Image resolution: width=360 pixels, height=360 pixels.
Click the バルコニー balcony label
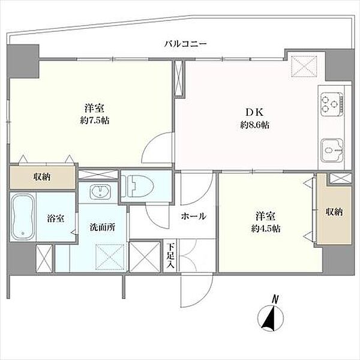coord(185,43)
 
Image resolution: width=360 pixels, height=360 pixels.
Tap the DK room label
coord(254,112)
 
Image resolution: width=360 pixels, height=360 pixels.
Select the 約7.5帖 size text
coord(95,121)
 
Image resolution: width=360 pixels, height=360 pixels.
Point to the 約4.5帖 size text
coord(266,229)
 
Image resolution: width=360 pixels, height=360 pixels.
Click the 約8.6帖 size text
coord(255,125)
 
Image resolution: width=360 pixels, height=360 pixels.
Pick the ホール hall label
coord(194,216)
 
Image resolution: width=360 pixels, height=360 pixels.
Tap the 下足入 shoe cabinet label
coord(171,256)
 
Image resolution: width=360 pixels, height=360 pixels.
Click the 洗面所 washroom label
coord(103,227)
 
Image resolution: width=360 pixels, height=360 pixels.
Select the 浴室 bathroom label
coord(56,218)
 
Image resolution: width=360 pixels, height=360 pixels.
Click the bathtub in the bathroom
coord(23,217)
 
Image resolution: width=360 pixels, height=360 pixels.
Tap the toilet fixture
coord(137,186)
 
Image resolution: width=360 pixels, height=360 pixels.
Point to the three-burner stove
coord(332,104)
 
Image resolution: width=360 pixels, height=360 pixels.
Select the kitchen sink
coord(332,150)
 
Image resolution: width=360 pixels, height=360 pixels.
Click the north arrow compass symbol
coord(271,319)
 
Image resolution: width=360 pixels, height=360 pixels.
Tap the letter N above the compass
coord(275,300)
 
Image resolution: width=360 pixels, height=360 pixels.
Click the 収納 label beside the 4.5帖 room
coord(334,212)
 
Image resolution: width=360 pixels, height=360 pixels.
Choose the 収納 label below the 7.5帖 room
coord(42,177)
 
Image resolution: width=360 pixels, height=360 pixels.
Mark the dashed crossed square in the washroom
coord(110,256)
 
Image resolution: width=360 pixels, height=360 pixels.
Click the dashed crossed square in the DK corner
coord(304,65)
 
